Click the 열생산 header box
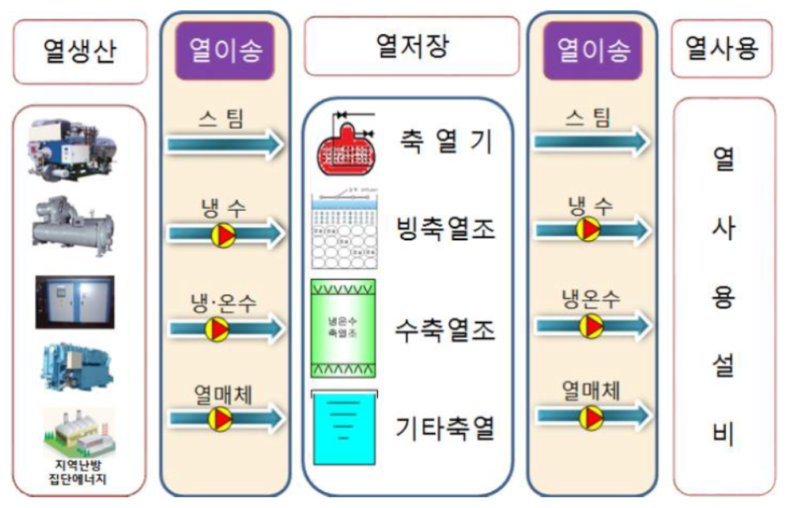(x=80, y=51)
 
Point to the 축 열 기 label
(x=446, y=144)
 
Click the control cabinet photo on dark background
(x=75, y=302)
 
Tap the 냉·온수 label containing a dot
(x=224, y=303)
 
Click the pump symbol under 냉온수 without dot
(x=589, y=325)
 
